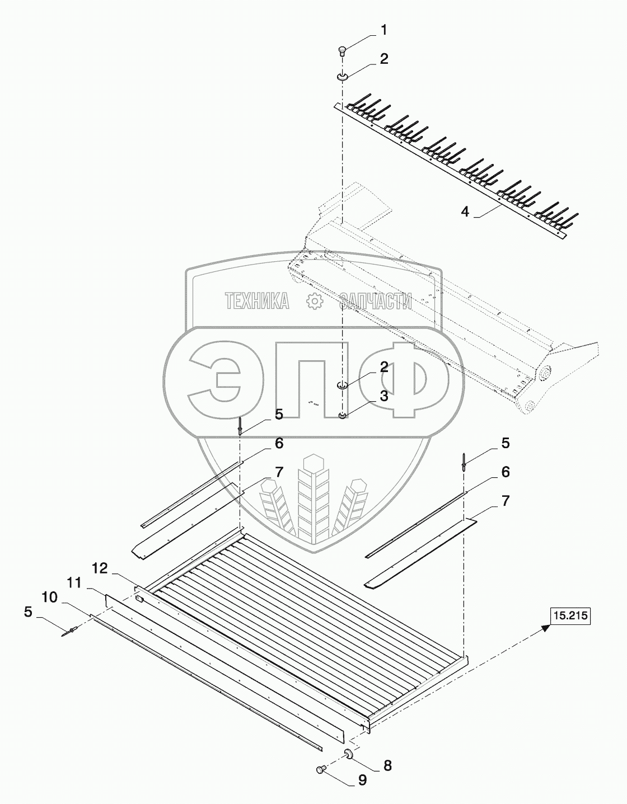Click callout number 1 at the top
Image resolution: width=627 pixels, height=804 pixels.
[x=384, y=30]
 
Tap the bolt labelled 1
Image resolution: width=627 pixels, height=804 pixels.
[x=343, y=51]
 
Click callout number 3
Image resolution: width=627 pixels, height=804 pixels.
[x=384, y=396]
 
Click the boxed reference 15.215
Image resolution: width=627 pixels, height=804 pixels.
[x=571, y=617]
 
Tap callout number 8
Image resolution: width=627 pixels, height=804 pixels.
[x=387, y=765]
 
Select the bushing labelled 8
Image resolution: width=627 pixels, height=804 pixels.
[x=348, y=755]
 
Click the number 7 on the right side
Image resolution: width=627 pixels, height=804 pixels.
[x=506, y=501]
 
